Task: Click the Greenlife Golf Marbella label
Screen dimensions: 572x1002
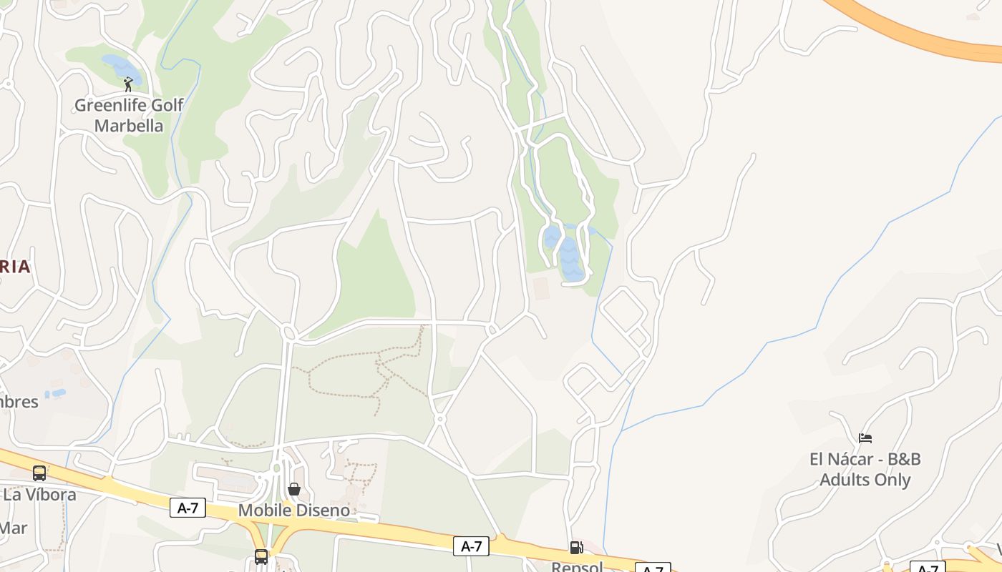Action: click(x=129, y=115)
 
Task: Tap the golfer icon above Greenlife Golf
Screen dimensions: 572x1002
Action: click(x=128, y=84)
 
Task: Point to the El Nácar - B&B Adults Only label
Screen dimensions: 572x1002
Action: click(x=865, y=469)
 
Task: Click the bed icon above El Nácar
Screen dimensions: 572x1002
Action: click(x=865, y=438)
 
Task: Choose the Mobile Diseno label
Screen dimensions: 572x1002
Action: click(x=293, y=511)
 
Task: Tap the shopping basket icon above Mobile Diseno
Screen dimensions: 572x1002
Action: click(x=293, y=489)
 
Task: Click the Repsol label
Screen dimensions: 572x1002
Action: click(x=577, y=566)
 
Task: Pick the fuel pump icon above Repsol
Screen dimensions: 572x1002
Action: click(x=576, y=548)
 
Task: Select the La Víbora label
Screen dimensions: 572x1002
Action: click(x=39, y=494)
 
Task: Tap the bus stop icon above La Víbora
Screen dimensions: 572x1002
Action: click(x=39, y=473)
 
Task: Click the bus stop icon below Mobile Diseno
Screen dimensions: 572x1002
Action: click(x=261, y=556)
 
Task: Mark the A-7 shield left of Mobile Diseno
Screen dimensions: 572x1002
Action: click(x=188, y=508)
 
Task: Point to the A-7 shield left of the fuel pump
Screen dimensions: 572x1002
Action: click(x=471, y=547)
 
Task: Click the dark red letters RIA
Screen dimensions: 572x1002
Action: click(x=15, y=267)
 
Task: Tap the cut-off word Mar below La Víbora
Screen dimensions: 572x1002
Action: click(x=14, y=528)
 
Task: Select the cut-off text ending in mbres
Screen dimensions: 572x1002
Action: click(x=19, y=401)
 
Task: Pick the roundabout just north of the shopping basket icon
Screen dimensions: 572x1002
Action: click(x=277, y=468)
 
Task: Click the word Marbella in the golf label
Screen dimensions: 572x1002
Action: click(x=129, y=126)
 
